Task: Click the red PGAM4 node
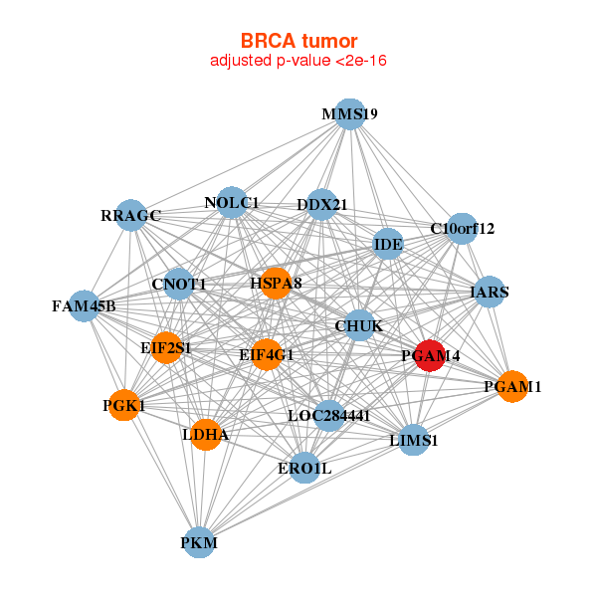(430, 355)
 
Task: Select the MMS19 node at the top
(350, 114)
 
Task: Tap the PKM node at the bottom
(199, 542)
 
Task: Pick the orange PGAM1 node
(512, 386)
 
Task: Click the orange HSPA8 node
(276, 283)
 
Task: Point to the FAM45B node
(85, 305)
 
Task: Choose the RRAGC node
(130, 215)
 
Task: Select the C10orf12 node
(462, 229)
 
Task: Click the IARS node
(490, 292)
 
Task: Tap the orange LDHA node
(206, 435)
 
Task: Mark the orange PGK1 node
(124, 405)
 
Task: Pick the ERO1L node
(304, 468)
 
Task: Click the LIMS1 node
(414, 440)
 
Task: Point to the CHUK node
(359, 325)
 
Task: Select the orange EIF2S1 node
(166, 347)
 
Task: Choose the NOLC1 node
(232, 203)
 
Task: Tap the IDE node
(388, 244)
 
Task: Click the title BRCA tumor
(298, 41)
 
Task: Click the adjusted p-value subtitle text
(298, 61)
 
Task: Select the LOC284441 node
(329, 415)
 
